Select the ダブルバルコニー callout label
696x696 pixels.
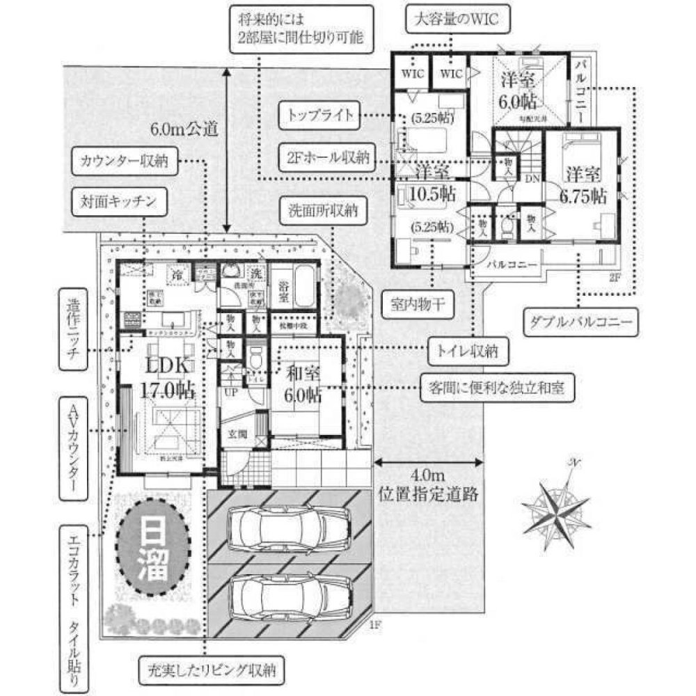(579, 322)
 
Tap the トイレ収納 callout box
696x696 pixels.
(468, 351)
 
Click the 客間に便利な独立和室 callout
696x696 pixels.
(498, 387)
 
